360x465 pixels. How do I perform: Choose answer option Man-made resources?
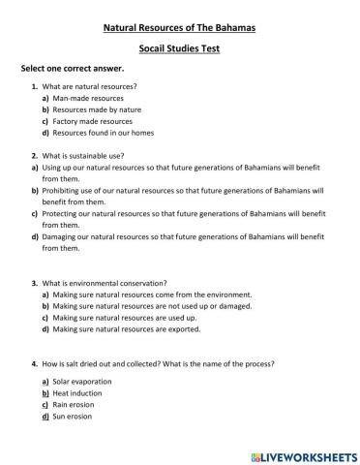[x=88, y=99]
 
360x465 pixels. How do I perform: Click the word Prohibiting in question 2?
[x=62, y=191]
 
